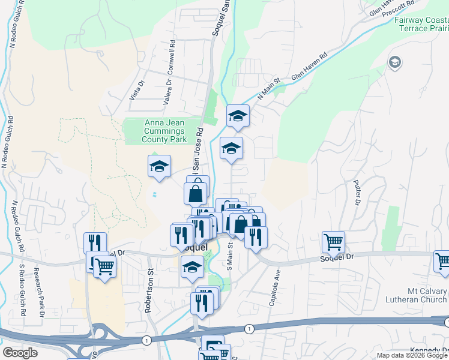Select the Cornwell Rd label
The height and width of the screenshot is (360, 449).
pyautogui.click(x=171, y=58)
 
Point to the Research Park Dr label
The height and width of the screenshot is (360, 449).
pyautogui.click(x=41, y=292)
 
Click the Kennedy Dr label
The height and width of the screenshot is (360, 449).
pyautogui.click(x=429, y=350)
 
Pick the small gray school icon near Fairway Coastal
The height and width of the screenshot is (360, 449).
pyautogui.click(x=395, y=62)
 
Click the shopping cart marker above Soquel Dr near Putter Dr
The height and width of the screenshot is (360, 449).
pyautogui.click(x=333, y=242)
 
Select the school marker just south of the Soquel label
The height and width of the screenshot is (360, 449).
pyautogui.click(x=192, y=268)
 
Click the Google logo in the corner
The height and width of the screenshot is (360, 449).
pyautogui.click(x=20, y=353)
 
